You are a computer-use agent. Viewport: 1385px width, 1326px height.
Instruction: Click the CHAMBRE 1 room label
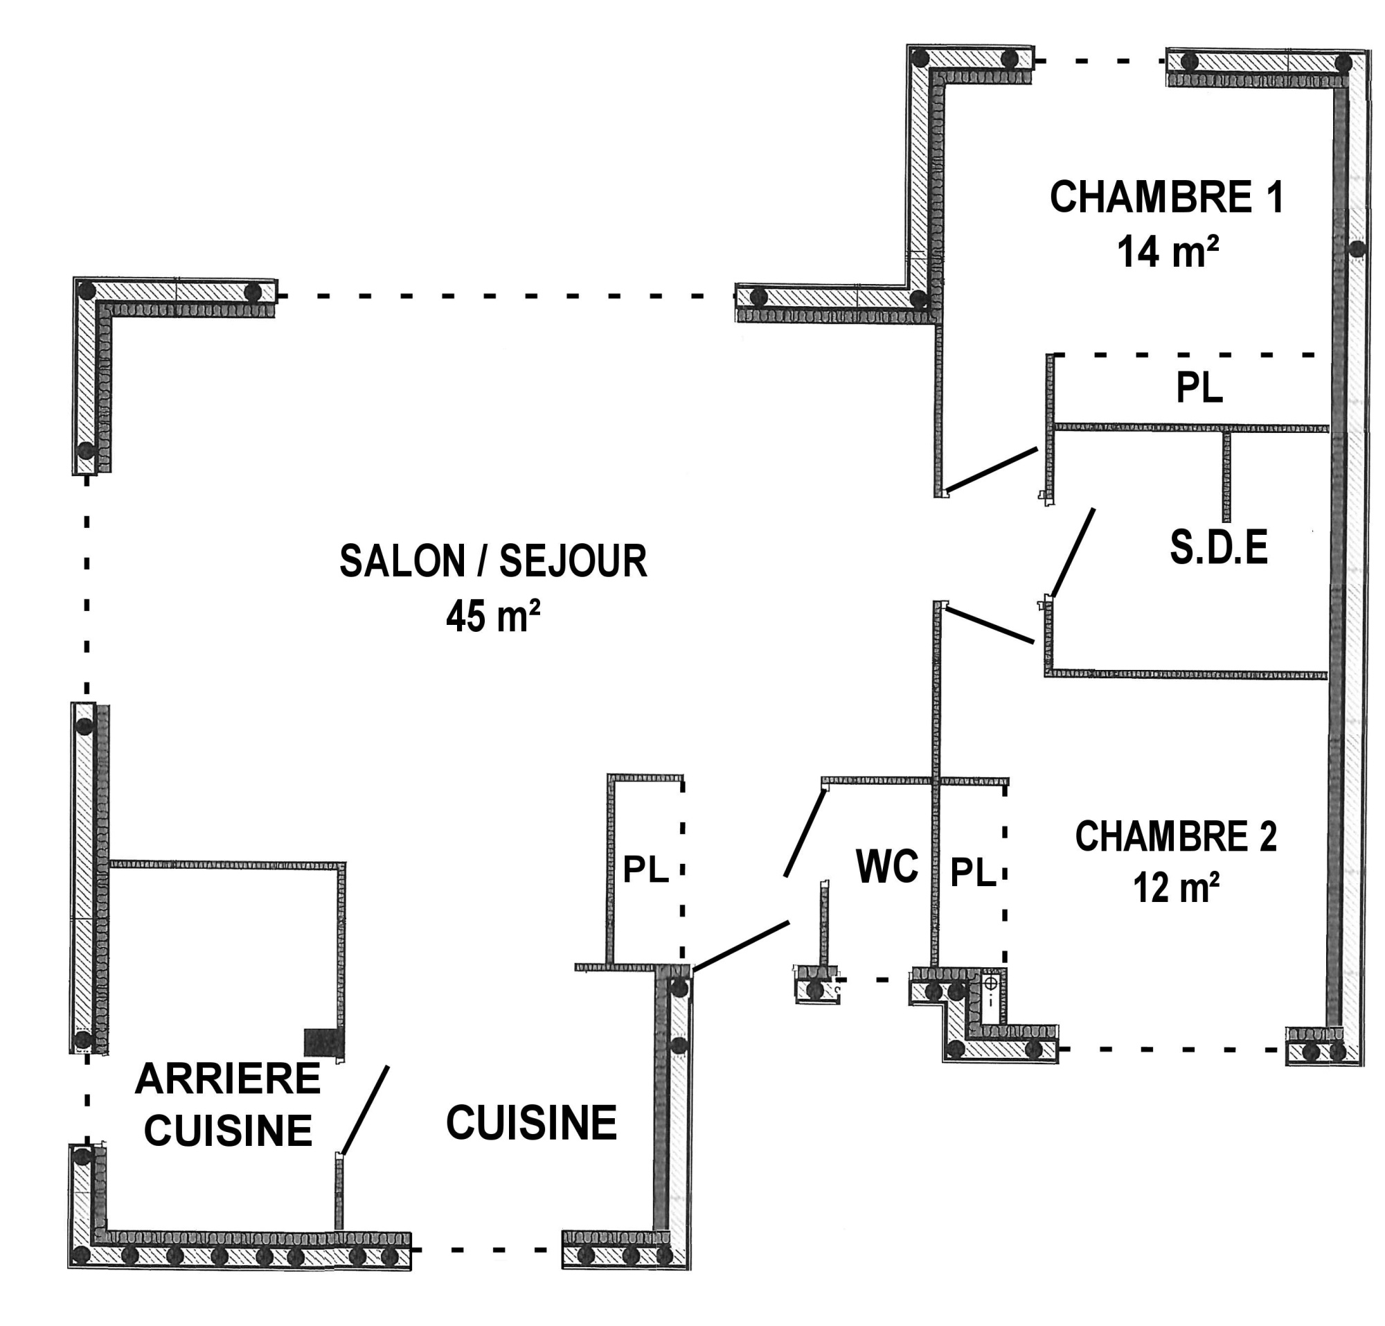(x=1166, y=197)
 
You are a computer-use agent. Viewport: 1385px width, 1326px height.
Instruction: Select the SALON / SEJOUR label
(x=493, y=561)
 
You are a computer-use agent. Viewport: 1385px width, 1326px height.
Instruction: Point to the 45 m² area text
(x=493, y=616)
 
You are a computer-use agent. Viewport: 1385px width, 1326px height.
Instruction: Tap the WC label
(x=887, y=866)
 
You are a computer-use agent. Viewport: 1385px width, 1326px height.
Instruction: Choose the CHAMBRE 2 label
(x=1176, y=837)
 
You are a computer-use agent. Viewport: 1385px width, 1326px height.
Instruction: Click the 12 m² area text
(x=1177, y=887)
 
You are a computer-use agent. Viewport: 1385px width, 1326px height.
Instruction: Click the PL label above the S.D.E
(x=1199, y=387)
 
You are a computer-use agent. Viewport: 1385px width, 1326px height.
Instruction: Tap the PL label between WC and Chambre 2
(x=972, y=872)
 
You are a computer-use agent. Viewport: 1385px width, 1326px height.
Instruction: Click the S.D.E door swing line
(x=1073, y=553)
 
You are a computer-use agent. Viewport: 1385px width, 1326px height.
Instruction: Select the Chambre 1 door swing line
(x=992, y=468)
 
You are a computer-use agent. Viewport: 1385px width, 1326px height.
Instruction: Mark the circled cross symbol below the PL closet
(x=991, y=982)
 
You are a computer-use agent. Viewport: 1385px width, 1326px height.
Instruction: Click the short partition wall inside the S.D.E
(x=1226, y=476)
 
